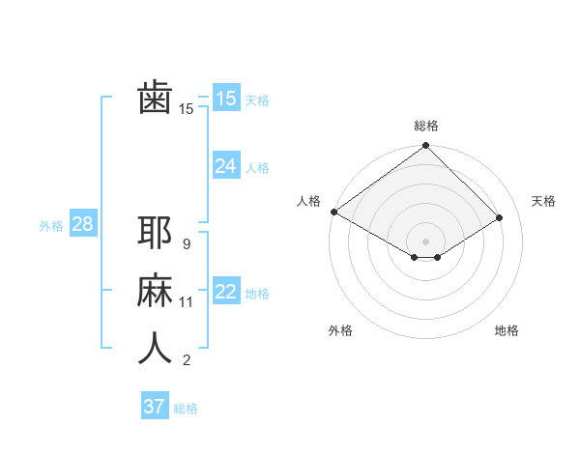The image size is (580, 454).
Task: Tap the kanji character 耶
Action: pyautogui.click(x=155, y=233)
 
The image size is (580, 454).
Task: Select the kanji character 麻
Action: pyautogui.click(x=155, y=291)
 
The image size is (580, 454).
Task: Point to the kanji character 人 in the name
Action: pyautogui.click(x=155, y=349)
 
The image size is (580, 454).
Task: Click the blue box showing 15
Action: pyautogui.click(x=225, y=99)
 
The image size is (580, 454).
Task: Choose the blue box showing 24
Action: pyautogui.click(x=225, y=166)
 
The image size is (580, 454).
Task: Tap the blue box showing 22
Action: pyautogui.click(x=225, y=292)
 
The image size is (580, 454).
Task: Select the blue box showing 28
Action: pyautogui.click(x=82, y=224)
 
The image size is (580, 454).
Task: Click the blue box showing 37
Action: pyautogui.click(x=154, y=407)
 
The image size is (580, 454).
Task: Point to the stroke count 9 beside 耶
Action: pyautogui.click(x=186, y=244)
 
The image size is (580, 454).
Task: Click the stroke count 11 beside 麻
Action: pyautogui.click(x=187, y=302)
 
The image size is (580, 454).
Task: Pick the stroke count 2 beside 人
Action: pyautogui.click(x=186, y=360)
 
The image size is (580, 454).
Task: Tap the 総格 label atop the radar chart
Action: pyautogui.click(x=425, y=126)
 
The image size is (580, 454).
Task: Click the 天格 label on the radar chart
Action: pyautogui.click(x=543, y=201)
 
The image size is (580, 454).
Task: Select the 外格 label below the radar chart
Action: pyautogui.click(x=340, y=330)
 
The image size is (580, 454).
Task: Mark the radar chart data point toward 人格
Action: pyautogui.click(x=333, y=212)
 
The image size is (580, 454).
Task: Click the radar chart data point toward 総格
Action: pyautogui.click(x=425, y=146)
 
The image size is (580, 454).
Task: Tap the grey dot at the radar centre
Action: pyautogui.click(x=425, y=241)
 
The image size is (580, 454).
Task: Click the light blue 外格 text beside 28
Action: pyautogui.click(x=51, y=226)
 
